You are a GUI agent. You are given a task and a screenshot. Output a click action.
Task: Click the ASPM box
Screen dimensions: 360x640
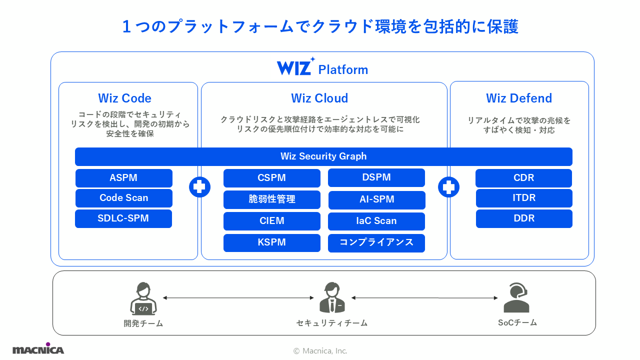click(x=123, y=178)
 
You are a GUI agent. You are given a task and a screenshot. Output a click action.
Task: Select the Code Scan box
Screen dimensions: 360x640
click(x=123, y=198)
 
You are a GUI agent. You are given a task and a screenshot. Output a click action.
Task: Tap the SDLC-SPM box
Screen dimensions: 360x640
click(x=123, y=218)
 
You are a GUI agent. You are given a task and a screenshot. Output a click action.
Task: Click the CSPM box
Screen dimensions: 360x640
click(x=271, y=178)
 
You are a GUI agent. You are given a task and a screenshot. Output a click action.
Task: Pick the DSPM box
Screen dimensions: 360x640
click(x=376, y=177)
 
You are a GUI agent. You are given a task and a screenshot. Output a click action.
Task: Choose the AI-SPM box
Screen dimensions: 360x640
click(x=376, y=199)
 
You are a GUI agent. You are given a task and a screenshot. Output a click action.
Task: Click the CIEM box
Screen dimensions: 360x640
click(x=271, y=221)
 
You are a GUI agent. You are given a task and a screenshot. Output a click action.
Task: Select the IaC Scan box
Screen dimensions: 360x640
click(x=376, y=221)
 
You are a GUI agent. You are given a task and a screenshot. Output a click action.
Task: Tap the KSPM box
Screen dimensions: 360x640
click(x=271, y=242)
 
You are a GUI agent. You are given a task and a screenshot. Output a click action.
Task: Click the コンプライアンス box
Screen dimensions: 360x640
click(x=376, y=242)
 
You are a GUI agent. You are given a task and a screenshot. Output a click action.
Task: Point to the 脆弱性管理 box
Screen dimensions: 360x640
click(x=271, y=199)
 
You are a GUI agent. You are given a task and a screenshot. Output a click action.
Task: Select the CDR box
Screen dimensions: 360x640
click(x=523, y=178)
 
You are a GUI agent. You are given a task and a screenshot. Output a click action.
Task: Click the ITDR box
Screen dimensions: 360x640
click(x=523, y=198)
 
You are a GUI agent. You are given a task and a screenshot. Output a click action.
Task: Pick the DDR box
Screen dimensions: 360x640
click(x=523, y=218)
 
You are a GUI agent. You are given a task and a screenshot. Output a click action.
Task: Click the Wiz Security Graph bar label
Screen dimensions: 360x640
click(x=323, y=156)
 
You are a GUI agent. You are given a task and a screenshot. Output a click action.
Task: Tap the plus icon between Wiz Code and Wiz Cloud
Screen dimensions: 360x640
click(x=199, y=187)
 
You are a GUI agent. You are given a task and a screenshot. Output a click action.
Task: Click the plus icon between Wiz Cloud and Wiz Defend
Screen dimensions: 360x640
click(x=448, y=187)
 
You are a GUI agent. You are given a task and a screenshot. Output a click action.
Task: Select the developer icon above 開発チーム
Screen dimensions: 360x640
click(x=143, y=298)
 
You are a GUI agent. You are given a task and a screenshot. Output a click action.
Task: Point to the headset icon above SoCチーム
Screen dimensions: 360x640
click(x=516, y=297)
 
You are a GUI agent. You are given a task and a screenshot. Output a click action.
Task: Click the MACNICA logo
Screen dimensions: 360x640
click(x=38, y=348)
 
